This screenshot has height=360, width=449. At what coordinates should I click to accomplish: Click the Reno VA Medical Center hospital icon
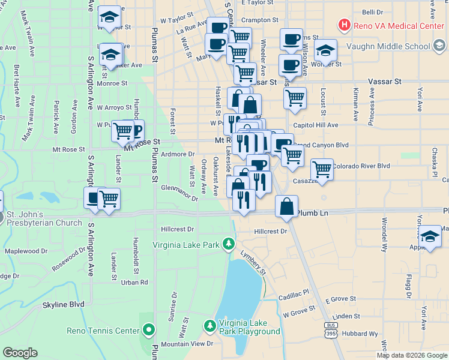coord(344,25)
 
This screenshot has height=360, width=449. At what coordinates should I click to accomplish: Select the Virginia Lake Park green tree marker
coord(228,244)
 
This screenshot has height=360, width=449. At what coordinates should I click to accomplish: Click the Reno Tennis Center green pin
coord(149,329)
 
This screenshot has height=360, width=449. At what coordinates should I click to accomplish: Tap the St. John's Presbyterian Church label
coord(44,219)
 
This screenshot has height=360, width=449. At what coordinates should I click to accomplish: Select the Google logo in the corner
coord(20,353)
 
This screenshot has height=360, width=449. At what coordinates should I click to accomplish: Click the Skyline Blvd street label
coord(63,305)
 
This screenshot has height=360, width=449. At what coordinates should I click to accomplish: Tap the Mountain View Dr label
coord(187,344)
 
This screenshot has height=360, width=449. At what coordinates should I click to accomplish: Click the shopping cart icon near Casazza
coord(322,170)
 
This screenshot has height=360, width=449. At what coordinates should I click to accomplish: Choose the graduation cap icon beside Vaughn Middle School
coord(325,50)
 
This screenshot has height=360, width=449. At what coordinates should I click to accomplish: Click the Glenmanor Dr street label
coord(179,192)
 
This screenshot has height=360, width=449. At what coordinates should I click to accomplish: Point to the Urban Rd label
coord(134,282)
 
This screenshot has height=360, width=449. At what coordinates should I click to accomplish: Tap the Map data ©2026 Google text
coord(412,355)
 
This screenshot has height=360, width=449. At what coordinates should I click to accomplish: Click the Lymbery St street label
coord(253,264)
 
